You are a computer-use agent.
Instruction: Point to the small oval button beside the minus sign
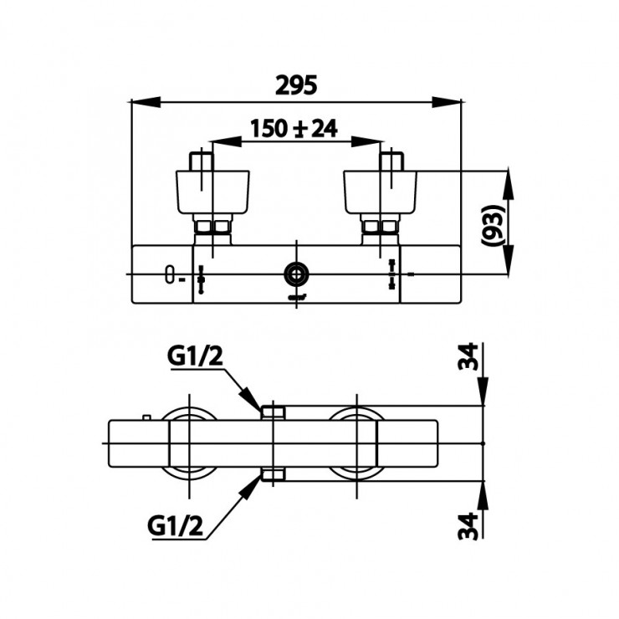[171, 274]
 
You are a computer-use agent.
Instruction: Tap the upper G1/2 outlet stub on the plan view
[274, 412]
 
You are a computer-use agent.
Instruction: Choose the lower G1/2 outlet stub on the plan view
[274, 475]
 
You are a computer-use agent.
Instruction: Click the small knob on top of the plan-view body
[147, 416]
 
